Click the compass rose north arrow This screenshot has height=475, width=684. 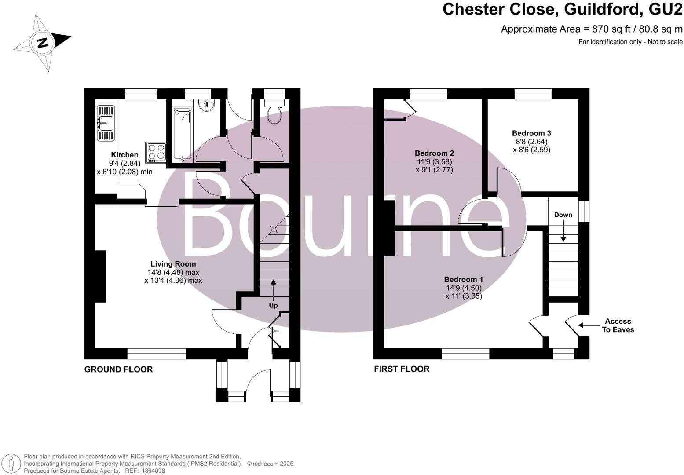tap(42, 43)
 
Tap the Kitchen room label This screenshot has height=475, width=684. tap(124, 155)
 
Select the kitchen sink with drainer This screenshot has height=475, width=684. tap(106, 123)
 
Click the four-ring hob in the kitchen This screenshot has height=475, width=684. tap(156, 152)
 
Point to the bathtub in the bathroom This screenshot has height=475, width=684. tap(182, 134)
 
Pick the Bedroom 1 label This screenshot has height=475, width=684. tap(463, 279)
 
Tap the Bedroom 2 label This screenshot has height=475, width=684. tap(434, 153)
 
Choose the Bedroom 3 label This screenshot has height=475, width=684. tap(531, 133)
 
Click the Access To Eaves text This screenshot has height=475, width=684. tap(618, 325)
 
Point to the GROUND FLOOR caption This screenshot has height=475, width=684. tap(118, 369)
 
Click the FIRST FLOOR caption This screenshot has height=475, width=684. tap(402, 369)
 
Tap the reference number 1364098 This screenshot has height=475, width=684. tap(152, 471)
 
